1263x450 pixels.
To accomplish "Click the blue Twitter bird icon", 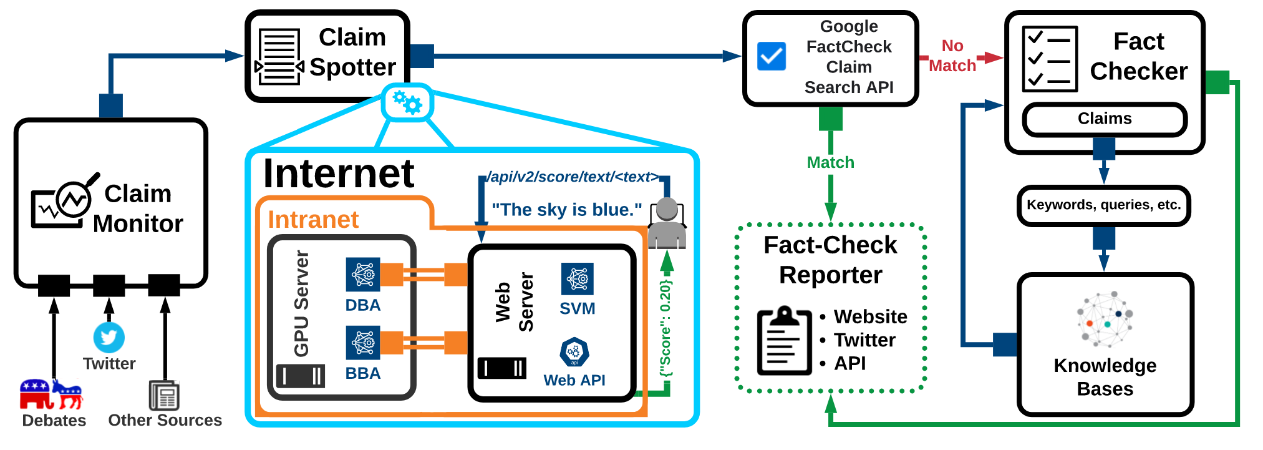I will [x=109, y=338].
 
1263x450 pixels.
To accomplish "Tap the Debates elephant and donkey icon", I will [x=51, y=394].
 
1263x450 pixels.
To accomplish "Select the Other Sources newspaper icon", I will [x=164, y=395].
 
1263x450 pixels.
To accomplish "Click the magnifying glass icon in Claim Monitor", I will [x=76, y=197].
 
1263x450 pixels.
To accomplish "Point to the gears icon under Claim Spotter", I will [x=407, y=102].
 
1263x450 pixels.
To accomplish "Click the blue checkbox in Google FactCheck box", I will [x=772, y=56].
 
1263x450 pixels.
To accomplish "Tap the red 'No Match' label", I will [x=952, y=56].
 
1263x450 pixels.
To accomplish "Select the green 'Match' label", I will [x=830, y=163].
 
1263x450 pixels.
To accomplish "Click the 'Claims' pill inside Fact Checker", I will [x=1105, y=119].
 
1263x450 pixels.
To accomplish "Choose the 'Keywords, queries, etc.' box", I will [x=1103, y=205].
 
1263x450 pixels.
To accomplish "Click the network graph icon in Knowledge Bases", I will [x=1105, y=319].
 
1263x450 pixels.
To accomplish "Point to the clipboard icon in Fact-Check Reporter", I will [x=784, y=340].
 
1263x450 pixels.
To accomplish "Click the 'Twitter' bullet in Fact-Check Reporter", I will [x=864, y=340].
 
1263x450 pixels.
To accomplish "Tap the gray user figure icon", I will [x=667, y=223].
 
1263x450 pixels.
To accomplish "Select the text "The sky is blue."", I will [x=566, y=210].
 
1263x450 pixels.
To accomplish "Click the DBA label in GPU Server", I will [x=363, y=305].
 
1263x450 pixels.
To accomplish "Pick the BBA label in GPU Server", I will [x=363, y=373].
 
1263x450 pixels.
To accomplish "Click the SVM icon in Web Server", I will [x=578, y=279].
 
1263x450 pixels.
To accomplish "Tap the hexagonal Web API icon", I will [x=574, y=352].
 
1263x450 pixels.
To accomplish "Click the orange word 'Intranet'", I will [x=313, y=220].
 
